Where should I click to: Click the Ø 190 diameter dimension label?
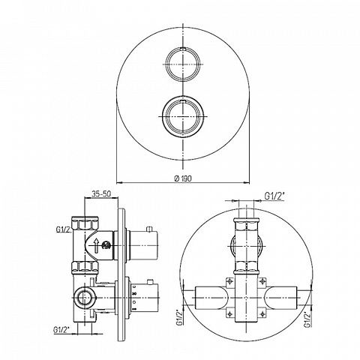[183, 178]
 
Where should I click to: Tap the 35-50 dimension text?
[101, 193]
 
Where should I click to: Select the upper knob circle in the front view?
[184, 64]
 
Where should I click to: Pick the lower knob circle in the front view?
[183, 116]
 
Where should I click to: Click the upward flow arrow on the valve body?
[96, 245]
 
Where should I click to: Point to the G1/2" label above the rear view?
[274, 196]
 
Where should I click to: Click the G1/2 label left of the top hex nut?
[63, 229]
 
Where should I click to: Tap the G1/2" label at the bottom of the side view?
[61, 329]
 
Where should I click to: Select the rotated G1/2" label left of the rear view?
[180, 317]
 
